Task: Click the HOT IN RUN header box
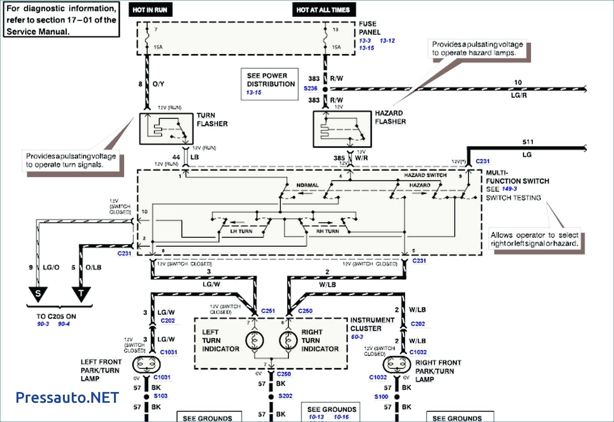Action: click(150, 10)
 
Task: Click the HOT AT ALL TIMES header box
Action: click(323, 10)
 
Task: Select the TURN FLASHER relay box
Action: click(166, 129)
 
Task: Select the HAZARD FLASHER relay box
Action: click(342, 129)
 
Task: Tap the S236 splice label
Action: click(310, 88)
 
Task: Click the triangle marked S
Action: click(38, 294)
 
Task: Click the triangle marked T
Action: click(81, 294)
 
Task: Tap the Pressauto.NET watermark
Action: click(67, 397)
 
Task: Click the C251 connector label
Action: click(268, 311)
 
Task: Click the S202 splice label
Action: click(285, 396)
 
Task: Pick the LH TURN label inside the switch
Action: click(241, 231)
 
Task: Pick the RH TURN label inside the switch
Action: click(327, 231)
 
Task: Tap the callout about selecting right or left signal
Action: click(534, 239)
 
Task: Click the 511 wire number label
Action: click(528, 142)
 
